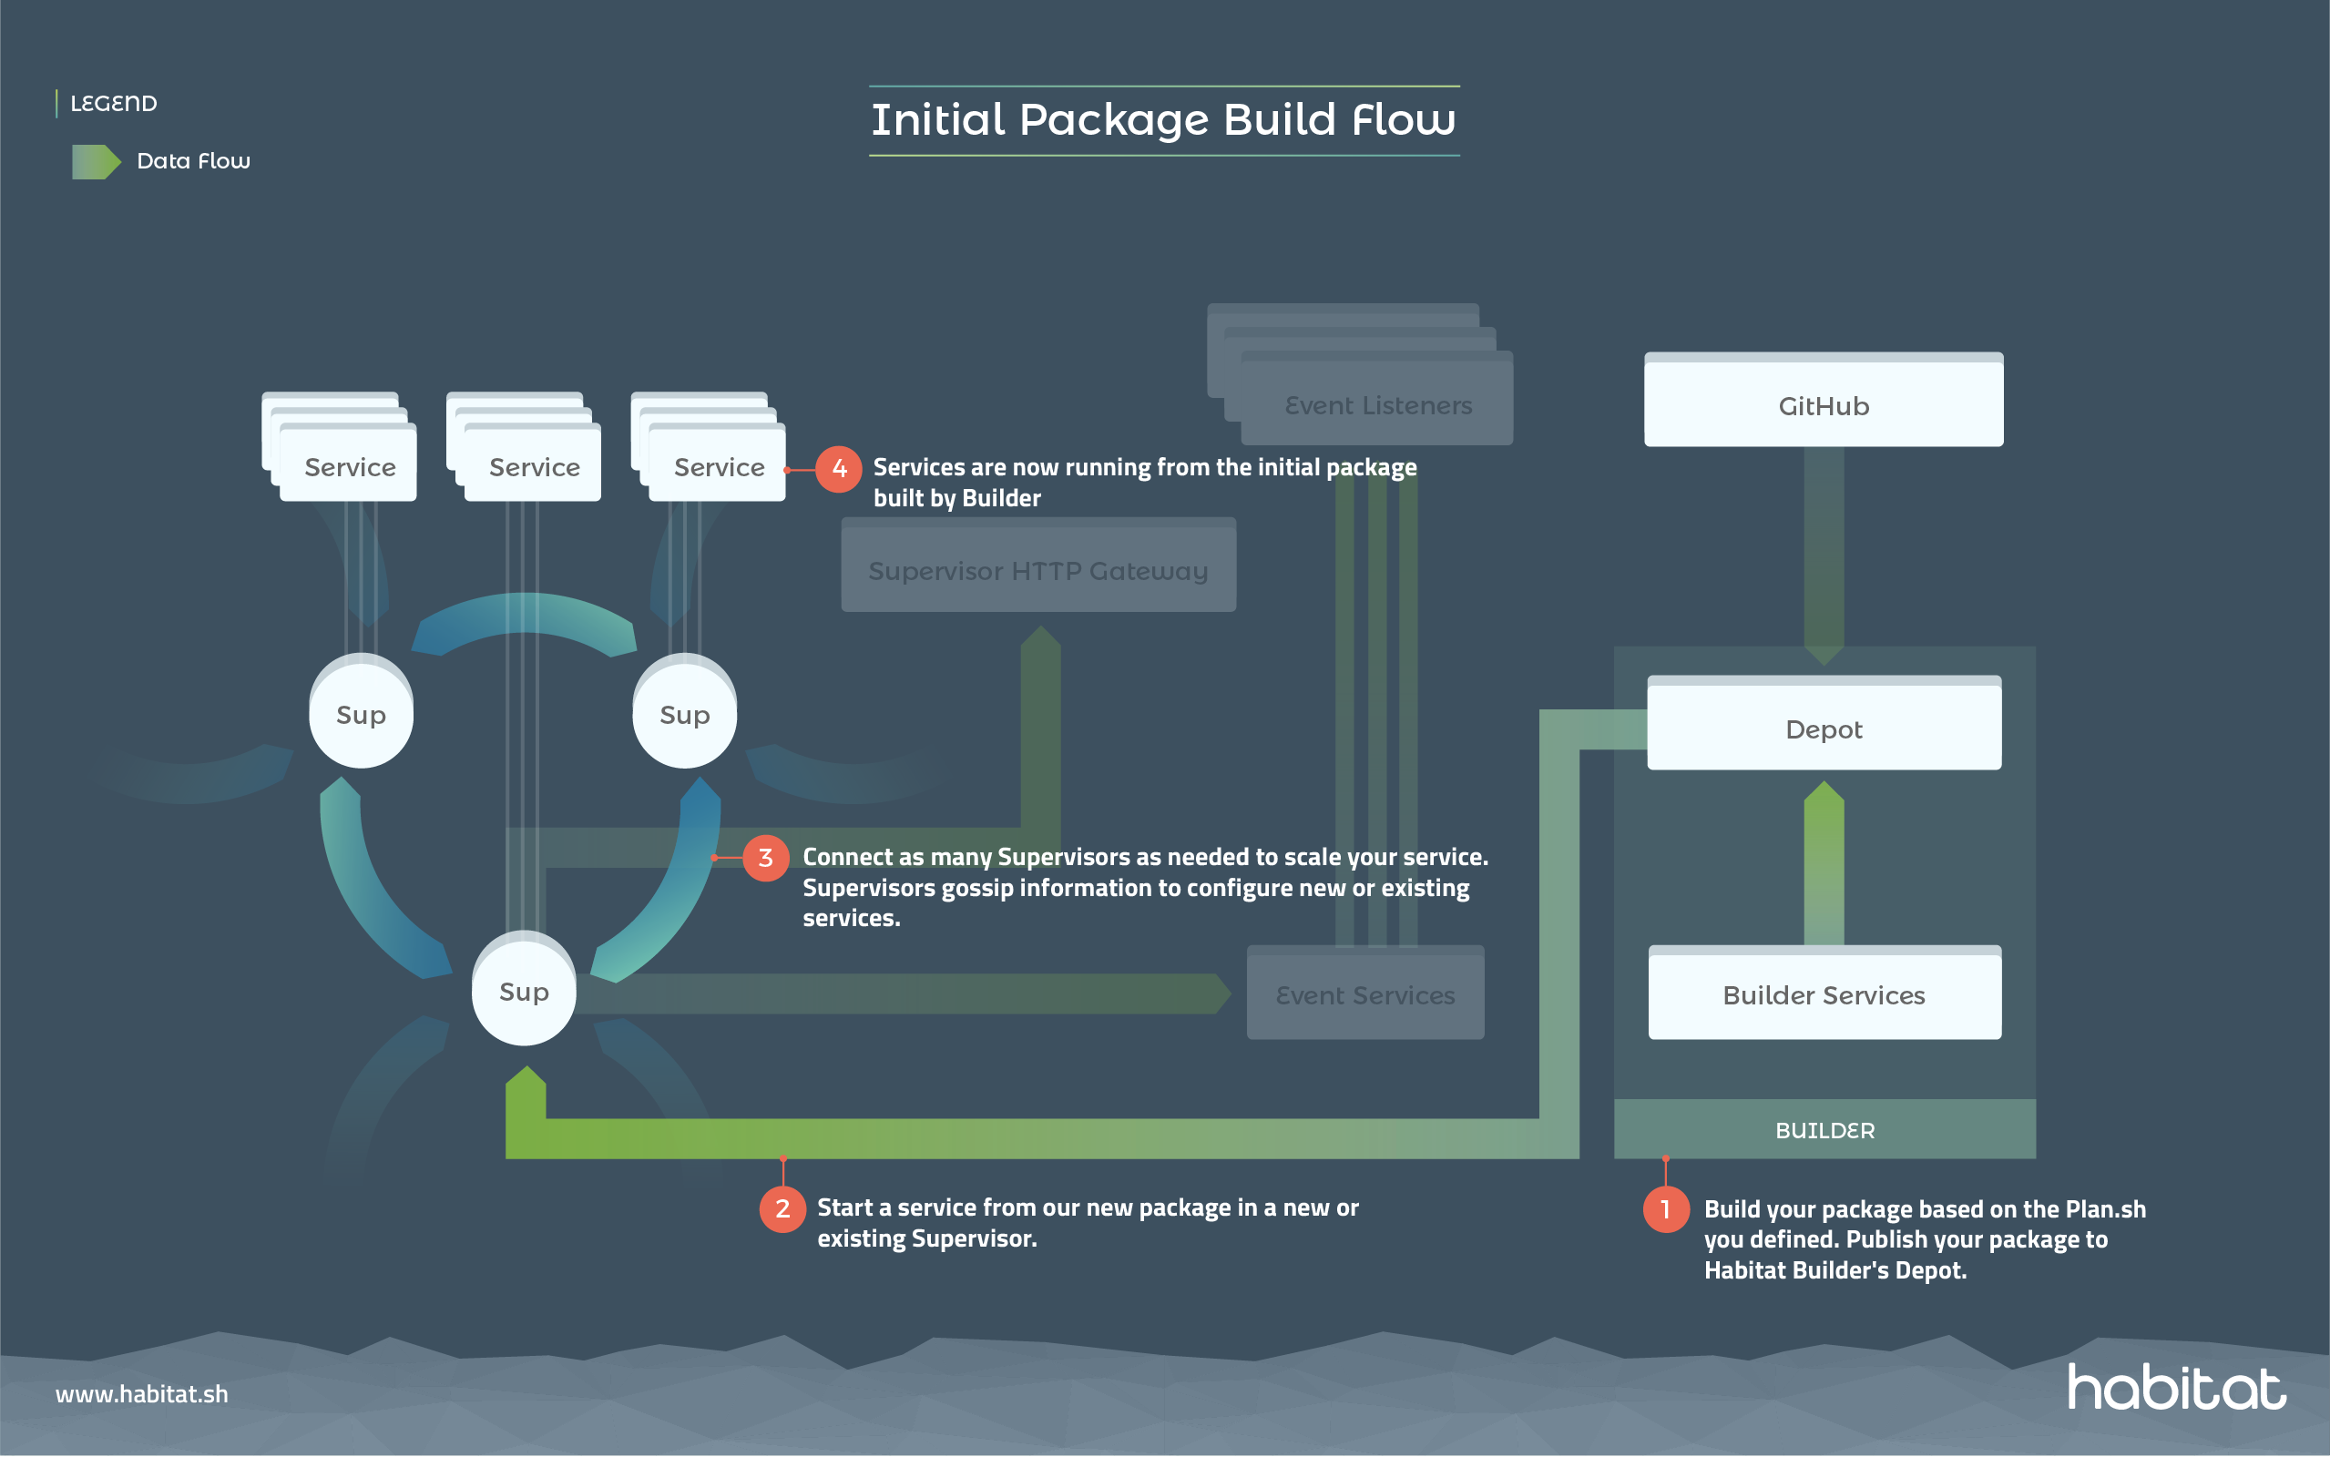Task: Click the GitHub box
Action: tap(1824, 404)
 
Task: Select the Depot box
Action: tap(1824, 728)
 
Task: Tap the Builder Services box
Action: tap(1824, 994)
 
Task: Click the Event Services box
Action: tap(1364, 994)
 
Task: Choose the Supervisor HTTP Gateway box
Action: tap(1037, 570)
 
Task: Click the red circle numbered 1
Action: tap(1665, 1209)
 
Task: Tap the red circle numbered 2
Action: tap(782, 1208)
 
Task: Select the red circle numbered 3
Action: tap(765, 858)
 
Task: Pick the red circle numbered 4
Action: tap(838, 468)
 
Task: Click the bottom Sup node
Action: tap(523, 991)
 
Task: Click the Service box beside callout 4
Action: tap(719, 467)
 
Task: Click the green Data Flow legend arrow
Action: tap(96, 161)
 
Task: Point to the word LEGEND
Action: tap(114, 103)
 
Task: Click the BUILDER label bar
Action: tap(1824, 1129)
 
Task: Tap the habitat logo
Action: tap(2176, 1388)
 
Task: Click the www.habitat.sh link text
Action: tap(142, 1393)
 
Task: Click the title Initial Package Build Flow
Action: tap(1163, 120)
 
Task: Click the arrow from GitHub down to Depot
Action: tap(1824, 554)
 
